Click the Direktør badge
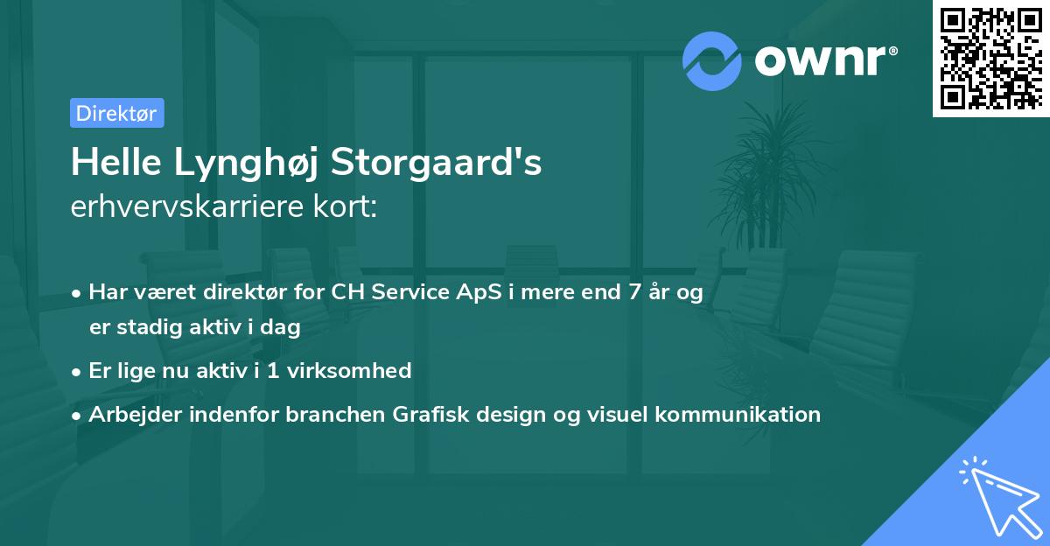116,113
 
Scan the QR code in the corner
990,58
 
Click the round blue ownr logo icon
712,61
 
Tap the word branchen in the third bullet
325,414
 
